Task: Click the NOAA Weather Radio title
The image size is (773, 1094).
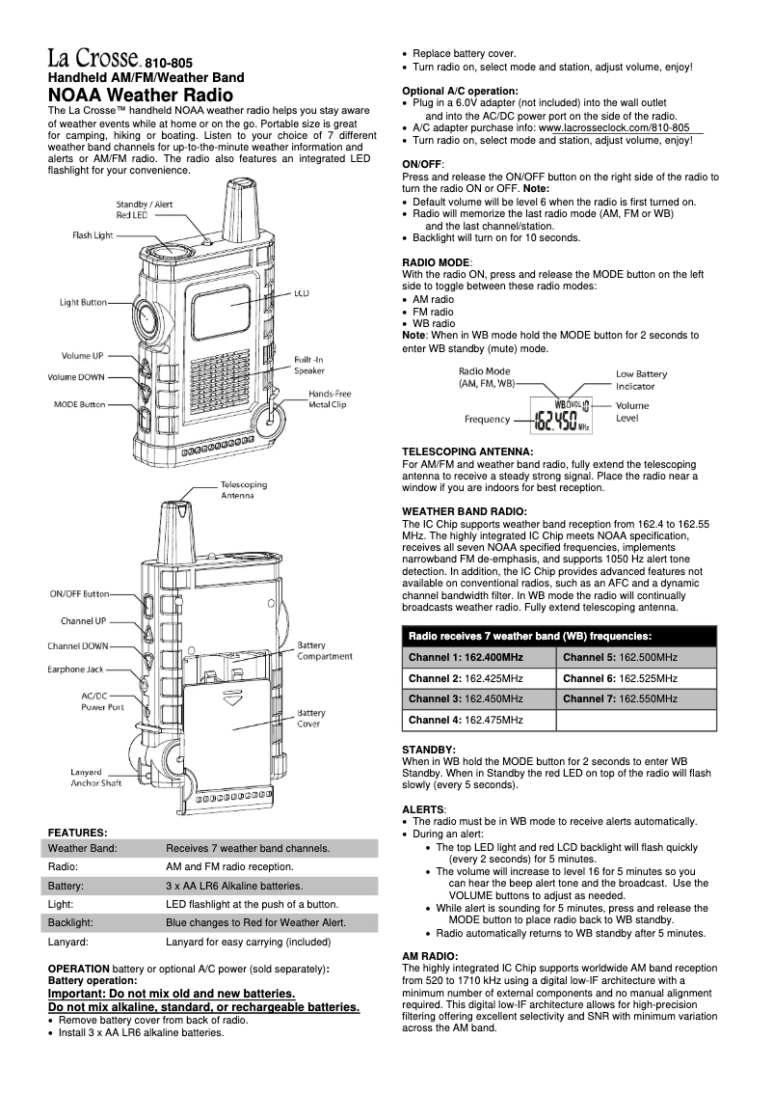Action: coord(141,95)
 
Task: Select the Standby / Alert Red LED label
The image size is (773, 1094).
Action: coord(145,209)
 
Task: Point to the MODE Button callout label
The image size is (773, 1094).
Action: coord(79,404)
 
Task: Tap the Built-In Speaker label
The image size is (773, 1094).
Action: coord(310,364)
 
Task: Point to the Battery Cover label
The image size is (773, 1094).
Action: coord(311,718)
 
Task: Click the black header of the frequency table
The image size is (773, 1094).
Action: coord(559,636)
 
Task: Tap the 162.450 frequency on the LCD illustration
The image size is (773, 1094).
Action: coord(556,421)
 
